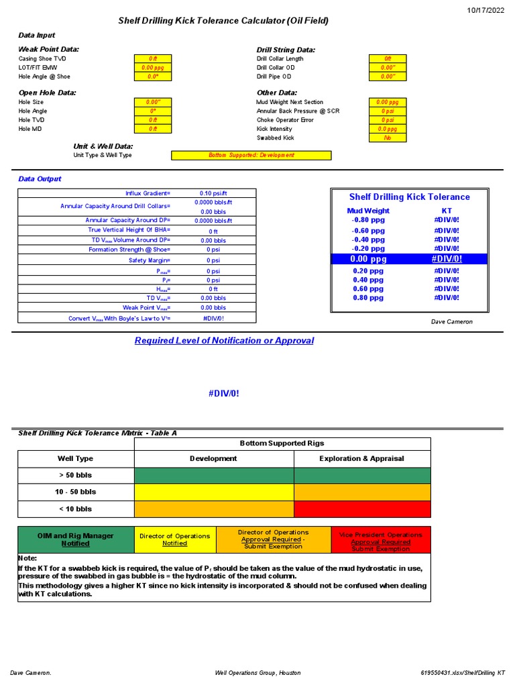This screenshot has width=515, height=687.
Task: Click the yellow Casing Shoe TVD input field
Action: tap(152, 59)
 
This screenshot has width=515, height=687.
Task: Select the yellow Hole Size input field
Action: tap(152, 102)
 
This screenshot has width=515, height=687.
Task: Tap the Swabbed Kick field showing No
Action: tap(388, 138)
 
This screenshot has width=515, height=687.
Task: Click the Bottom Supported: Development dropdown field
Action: tap(251, 155)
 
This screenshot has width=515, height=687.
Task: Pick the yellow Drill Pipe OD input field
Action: tap(388, 76)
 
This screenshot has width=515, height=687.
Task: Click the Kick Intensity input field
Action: tap(388, 129)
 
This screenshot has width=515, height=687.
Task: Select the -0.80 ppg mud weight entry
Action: tap(368, 219)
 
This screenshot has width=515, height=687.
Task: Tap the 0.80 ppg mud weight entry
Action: tap(368, 298)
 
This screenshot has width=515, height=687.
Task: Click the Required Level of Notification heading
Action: tap(224, 341)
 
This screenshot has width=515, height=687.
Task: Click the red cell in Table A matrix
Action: tap(362, 509)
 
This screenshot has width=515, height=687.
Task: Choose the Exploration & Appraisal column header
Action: tap(362, 459)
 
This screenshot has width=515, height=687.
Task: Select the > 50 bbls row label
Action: tap(76, 475)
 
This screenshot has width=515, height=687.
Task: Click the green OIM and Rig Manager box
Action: tap(76, 539)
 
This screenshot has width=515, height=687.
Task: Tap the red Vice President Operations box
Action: tap(381, 539)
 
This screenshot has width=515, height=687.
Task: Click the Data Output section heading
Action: tap(40, 179)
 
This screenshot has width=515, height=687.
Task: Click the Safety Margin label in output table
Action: tap(150, 260)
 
